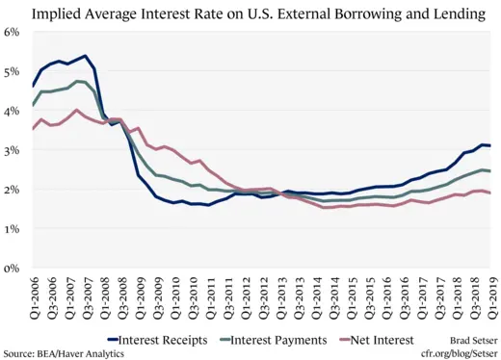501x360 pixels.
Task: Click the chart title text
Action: tap(250, 13)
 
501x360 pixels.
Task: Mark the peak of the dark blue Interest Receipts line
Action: tap(86, 56)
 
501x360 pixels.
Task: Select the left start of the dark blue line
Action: tap(34, 87)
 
